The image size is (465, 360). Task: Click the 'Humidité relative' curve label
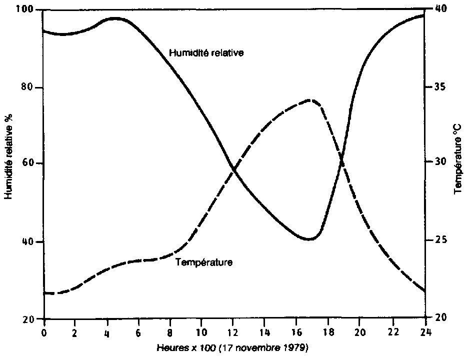(206, 52)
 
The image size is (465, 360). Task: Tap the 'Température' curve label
(204, 261)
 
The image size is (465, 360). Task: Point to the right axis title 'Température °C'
(457, 158)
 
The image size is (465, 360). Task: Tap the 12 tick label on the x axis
(233, 331)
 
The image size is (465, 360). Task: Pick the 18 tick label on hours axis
(328, 331)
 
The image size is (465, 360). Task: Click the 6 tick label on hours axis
(138, 331)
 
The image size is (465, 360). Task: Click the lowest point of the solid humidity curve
(309, 239)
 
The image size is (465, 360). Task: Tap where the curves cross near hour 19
(341, 161)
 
